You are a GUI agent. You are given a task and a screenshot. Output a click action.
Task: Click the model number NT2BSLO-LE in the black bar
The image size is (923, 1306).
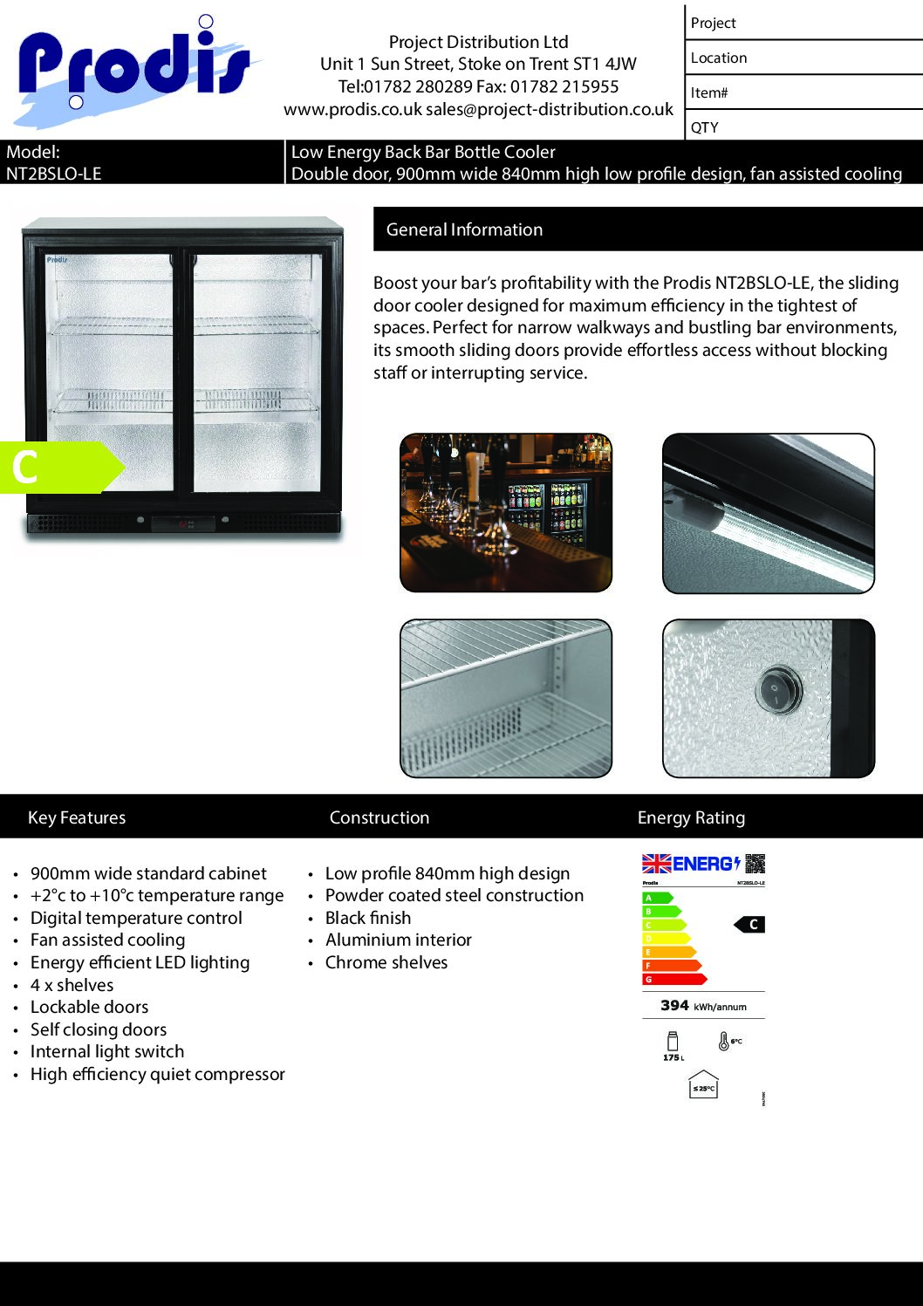coord(54,174)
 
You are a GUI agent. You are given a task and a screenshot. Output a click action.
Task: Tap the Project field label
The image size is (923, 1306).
coord(713,24)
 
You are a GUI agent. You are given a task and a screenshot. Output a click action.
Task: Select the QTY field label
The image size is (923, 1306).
coord(705,127)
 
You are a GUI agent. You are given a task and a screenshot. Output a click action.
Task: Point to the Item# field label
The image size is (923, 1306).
coord(709,92)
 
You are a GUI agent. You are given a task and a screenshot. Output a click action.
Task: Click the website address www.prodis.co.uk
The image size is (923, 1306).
coord(352,109)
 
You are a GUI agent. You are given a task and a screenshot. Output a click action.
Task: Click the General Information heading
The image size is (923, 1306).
coord(464,229)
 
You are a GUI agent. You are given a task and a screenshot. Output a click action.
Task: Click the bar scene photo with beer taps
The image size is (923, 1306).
coord(506,513)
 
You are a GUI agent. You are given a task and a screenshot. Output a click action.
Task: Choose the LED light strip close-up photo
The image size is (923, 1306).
coord(768,513)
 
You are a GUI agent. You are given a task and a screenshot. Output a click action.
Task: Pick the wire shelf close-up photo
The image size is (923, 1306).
coord(506,698)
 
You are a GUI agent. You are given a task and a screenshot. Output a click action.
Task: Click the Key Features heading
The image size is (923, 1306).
coord(77,817)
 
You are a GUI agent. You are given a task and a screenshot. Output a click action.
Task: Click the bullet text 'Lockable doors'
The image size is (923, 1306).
coord(89,1007)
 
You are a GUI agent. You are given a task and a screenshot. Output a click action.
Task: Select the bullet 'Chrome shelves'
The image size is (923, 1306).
coord(386,962)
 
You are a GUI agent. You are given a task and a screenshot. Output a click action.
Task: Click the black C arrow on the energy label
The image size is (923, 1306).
coord(750,925)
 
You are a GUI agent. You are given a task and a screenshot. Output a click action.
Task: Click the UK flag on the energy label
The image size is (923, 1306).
coord(656,864)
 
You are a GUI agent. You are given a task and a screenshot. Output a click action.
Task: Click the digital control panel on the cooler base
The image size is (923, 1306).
coord(183,523)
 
